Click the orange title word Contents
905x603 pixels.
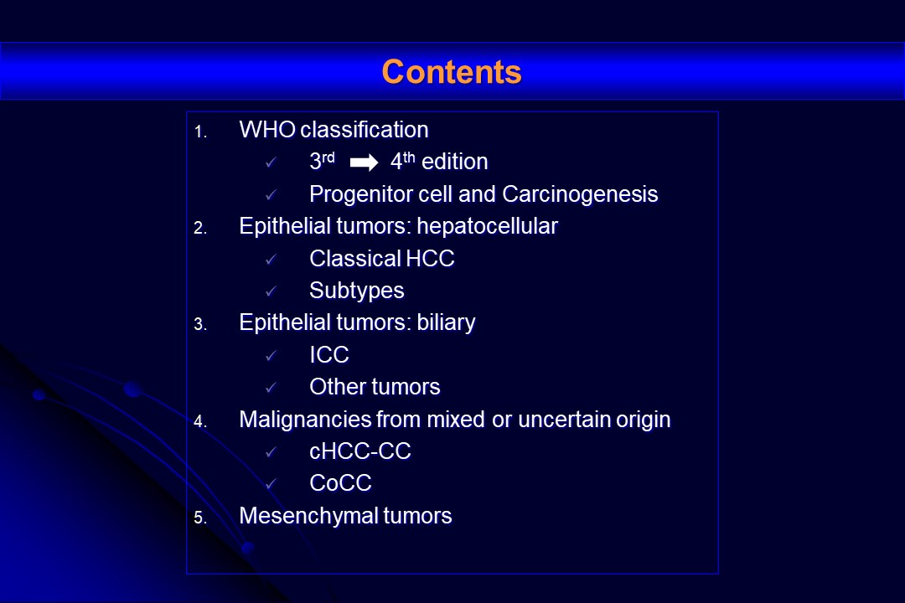click(x=452, y=72)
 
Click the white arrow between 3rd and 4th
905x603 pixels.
click(x=364, y=162)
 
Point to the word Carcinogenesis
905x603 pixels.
click(x=580, y=195)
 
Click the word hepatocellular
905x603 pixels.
click(x=488, y=226)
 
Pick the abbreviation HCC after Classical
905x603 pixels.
click(x=431, y=259)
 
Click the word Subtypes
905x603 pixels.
click(x=357, y=291)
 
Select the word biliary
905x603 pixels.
click(x=446, y=322)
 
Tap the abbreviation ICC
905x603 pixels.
click(x=329, y=355)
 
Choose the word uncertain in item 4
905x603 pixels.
click(x=565, y=420)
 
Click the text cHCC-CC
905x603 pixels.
click(x=360, y=451)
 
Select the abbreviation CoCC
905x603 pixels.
click(x=340, y=483)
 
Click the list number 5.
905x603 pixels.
click(x=199, y=518)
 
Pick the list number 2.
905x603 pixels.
click(x=199, y=228)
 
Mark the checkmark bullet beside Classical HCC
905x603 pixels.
click(x=271, y=260)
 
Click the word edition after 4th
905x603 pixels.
click(x=455, y=162)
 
